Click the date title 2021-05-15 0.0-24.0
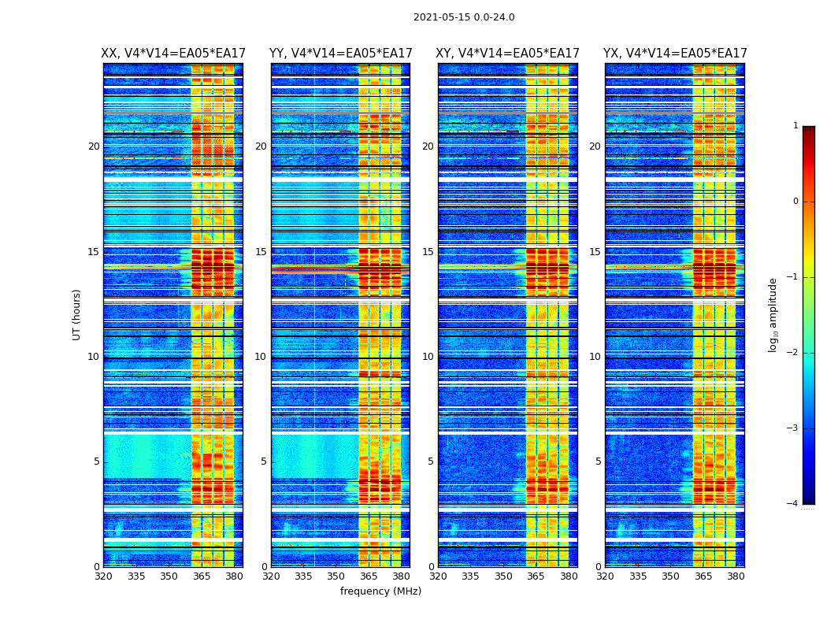coord(464,17)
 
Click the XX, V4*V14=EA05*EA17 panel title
coord(173,54)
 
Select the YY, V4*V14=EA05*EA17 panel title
coord(340,54)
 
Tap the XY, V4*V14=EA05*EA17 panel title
coord(508,54)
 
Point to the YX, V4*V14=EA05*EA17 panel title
coord(675,54)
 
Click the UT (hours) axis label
coord(77,314)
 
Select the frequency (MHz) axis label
coord(380,591)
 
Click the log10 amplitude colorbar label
coord(773,314)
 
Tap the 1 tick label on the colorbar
coord(795,126)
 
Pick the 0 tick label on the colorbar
coord(795,202)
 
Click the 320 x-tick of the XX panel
coord(103,576)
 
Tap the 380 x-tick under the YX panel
coord(736,576)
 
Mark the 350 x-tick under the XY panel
coord(503,576)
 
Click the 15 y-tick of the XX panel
coord(94,252)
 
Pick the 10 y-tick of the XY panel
coord(428,357)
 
